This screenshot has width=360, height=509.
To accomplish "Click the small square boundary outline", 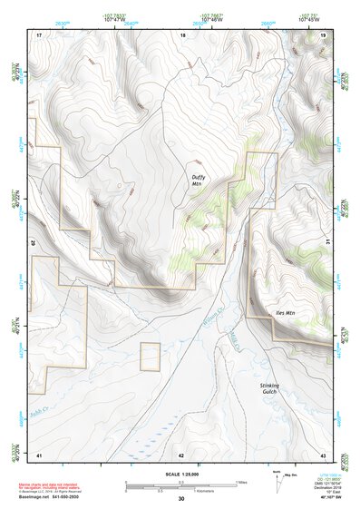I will pos(150,357).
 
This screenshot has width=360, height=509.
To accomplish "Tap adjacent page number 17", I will pos(39,34).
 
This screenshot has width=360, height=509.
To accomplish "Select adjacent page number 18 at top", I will pos(182,34).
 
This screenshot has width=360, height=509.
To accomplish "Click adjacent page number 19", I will pos(323,34).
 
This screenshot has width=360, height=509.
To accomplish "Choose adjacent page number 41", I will pos(39,454).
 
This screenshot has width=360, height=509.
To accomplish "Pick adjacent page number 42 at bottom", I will pos(181,454).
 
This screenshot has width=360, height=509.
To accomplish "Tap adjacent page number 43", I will pos(323,454).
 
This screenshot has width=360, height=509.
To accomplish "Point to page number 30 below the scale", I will pos(181,499).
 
